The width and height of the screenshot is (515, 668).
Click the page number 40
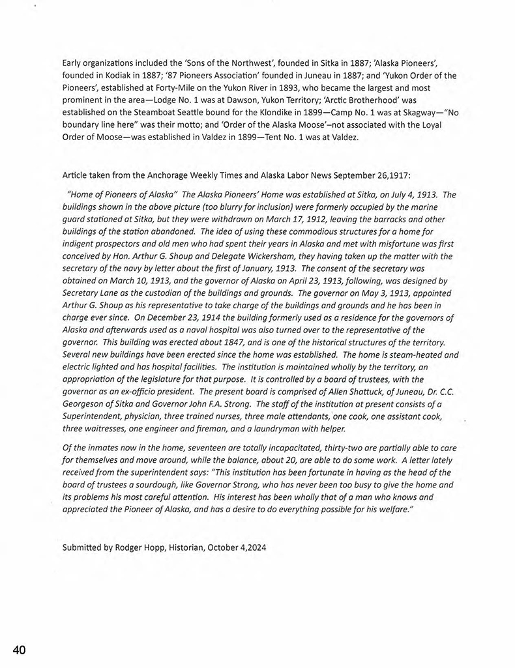point(18,650)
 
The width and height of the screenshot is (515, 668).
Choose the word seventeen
point(201,448)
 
